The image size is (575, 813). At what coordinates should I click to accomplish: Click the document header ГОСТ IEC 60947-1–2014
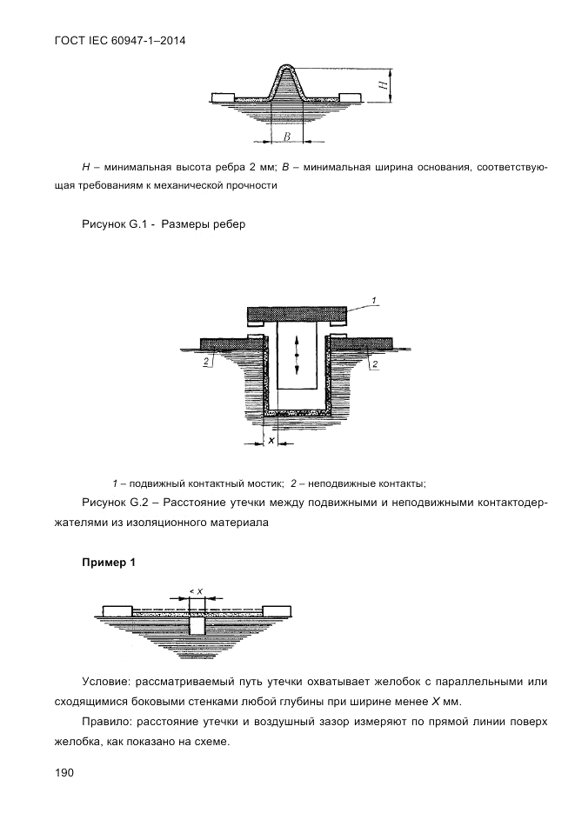120,41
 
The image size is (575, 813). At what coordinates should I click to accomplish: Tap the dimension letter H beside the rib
383,85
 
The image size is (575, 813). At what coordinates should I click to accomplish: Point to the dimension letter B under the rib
287,136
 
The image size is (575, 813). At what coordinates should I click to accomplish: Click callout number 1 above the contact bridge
374,299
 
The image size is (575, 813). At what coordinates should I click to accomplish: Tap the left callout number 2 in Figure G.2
206,362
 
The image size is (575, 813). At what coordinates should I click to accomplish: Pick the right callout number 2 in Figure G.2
374,364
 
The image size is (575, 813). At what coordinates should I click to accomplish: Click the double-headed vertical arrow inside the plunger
298,355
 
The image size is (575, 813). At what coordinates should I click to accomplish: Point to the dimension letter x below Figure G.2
271,440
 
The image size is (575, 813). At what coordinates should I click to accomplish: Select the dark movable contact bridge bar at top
297,314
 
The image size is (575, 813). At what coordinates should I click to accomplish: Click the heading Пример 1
109,562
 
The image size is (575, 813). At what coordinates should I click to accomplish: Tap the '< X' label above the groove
196,590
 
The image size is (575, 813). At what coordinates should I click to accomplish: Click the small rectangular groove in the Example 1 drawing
197,625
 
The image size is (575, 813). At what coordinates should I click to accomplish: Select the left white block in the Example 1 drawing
117,610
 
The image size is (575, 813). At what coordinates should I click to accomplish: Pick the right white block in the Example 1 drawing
277,610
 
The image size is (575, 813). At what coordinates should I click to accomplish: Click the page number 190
64,773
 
